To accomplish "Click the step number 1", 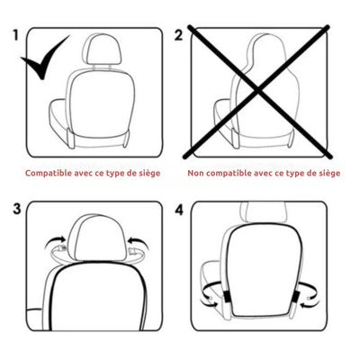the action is (16, 35).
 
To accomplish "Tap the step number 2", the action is (178, 35).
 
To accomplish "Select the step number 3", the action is (17, 209).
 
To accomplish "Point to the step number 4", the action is (179, 210).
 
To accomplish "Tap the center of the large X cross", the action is (257, 90).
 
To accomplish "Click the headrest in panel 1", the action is (102, 49).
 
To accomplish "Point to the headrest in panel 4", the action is (263, 212).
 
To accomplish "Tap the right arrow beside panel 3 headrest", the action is (139, 242).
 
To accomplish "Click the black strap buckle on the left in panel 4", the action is (227, 297).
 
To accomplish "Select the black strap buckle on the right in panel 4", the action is (296, 297).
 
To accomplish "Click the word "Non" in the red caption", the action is (196, 174).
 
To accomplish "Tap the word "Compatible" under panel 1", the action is (49, 174).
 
